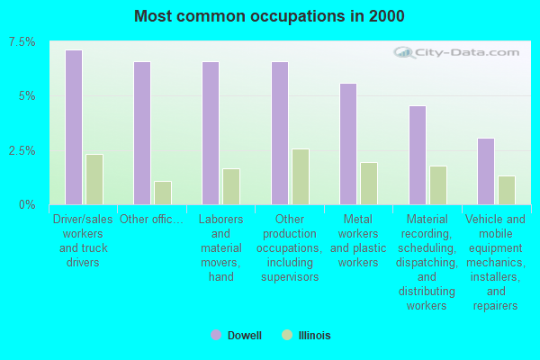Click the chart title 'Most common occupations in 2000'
[269, 16]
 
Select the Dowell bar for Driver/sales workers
[74, 128]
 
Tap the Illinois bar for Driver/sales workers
[94, 179]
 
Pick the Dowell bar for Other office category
[142, 133]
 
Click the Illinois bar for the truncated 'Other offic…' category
[163, 193]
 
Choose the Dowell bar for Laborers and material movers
[211, 133]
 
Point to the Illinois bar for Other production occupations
[301, 176]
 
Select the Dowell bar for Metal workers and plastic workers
[348, 144]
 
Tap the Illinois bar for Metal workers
[369, 184]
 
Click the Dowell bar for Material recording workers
[418, 156]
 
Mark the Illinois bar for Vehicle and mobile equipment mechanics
[507, 191]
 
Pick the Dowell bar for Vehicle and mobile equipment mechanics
[486, 172]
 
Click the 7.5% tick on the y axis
[22, 42]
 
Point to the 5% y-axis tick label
[27, 96]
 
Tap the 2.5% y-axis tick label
[22, 150]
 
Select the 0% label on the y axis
[27, 205]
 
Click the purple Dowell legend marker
[216, 335]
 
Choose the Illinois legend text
[314, 335]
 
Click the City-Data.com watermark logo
[456, 53]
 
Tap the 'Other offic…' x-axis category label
[151, 219]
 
